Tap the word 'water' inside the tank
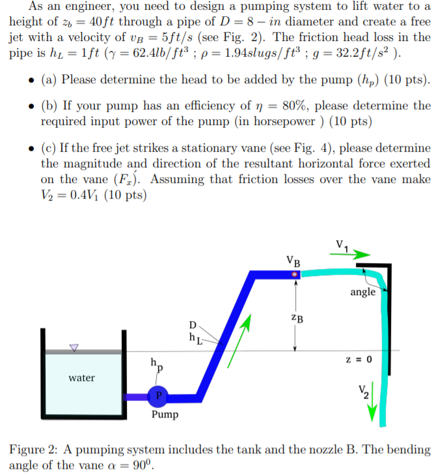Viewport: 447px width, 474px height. pyautogui.click(x=82, y=377)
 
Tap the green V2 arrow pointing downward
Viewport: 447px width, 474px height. pyautogui.click(x=373, y=411)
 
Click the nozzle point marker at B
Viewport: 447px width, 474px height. pyautogui.click(x=295, y=275)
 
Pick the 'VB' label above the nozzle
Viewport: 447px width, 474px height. pyautogui.click(x=293, y=263)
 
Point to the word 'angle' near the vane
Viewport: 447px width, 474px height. pyautogui.click(x=362, y=292)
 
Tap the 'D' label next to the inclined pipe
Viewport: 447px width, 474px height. pyautogui.click(x=192, y=324)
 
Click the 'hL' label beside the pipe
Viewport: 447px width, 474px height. pyautogui.click(x=194, y=337)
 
